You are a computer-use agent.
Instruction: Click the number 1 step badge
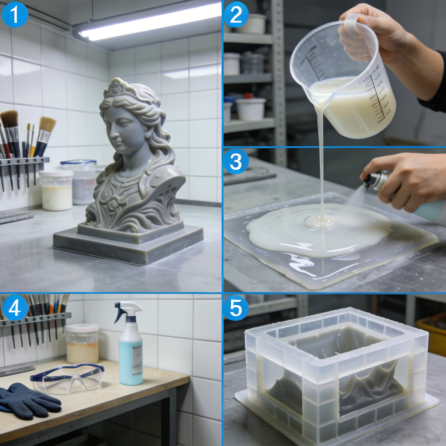[x=15, y=14]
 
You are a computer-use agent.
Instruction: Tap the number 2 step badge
[x=236, y=14]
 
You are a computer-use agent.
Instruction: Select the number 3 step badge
[x=236, y=161]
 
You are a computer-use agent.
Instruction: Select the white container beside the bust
[x=56, y=191]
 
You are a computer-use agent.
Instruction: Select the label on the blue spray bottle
[x=137, y=359]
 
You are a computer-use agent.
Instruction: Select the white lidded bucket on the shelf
[x=250, y=108]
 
